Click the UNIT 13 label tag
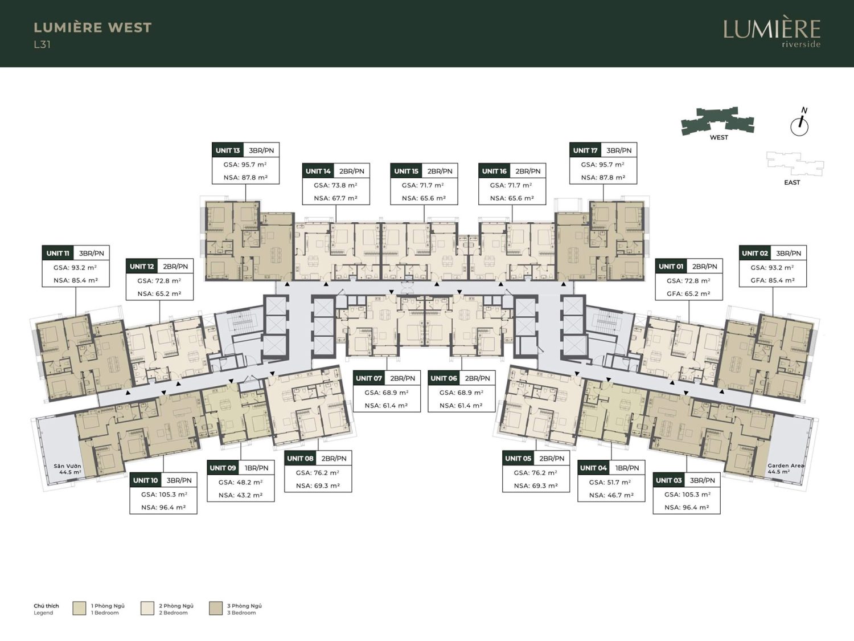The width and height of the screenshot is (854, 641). pos(228,150)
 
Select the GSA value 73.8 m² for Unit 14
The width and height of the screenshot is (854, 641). pos(336,185)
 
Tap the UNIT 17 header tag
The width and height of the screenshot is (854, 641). pos(585,150)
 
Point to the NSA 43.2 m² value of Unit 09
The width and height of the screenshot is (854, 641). pos(240,495)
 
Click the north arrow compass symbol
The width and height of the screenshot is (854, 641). pos(799,124)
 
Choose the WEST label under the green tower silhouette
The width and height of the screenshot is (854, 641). pos(718,137)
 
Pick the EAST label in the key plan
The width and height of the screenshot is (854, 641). pos(792,182)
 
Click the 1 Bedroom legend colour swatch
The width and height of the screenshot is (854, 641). pos(79,609)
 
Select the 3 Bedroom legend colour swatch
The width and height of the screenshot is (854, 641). pos(216,609)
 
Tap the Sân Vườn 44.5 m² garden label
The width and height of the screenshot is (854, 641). pos(68,469)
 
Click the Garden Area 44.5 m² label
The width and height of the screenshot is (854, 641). pos(786,468)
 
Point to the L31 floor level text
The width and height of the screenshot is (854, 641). pos(42,44)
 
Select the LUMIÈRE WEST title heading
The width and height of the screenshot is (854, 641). pos(93,27)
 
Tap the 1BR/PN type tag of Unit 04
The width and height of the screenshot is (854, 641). pos(626,468)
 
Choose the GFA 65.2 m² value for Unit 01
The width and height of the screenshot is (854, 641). pos(689,293)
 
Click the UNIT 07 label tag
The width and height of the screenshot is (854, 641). pos(369,378)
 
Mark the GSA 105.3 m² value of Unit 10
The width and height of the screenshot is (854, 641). pos(164,495)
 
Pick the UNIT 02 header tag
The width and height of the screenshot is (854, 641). pos(755,254)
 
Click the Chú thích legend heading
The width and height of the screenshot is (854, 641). pos(46,606)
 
